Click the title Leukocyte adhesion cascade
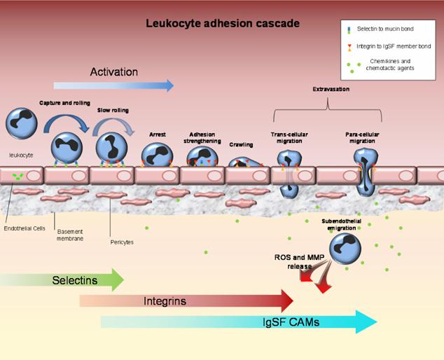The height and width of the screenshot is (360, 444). [223, 23]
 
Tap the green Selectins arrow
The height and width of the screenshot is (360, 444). [70, 280]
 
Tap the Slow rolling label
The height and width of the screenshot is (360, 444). [112, 110]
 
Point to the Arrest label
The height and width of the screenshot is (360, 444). [157, 134]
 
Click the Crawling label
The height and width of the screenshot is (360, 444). [241, 144]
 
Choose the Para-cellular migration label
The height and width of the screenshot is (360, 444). [364, 137]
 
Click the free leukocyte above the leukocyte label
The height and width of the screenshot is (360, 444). [21, 123]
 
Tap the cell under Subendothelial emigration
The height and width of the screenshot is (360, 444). [345, 249]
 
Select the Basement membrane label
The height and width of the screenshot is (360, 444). [70, 235]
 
